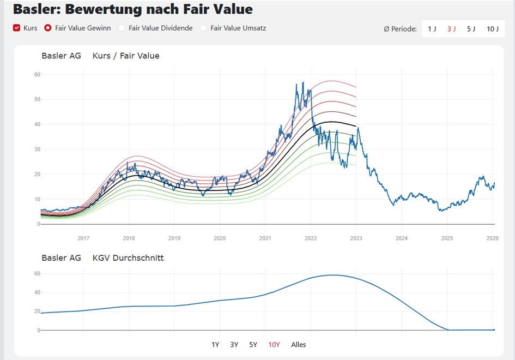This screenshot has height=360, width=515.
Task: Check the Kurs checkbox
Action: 17,28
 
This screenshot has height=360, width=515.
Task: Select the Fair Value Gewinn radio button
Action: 48,28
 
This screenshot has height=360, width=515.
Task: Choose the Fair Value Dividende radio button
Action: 122,28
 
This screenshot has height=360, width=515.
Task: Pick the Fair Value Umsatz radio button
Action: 204,28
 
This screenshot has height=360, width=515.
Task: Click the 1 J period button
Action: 432,29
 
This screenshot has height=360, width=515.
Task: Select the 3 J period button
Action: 451,29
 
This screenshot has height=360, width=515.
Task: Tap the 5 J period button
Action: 471,29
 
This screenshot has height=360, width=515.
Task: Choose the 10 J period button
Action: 492,29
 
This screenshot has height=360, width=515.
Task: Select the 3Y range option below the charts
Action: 234,345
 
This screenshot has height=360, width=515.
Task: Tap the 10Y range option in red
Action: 274,345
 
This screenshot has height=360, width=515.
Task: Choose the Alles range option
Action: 299,345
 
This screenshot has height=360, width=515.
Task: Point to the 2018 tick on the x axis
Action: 129,238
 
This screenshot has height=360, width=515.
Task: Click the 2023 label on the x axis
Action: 356,238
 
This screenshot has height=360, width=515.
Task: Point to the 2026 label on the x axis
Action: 492,238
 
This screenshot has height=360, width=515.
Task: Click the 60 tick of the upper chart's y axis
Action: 37,74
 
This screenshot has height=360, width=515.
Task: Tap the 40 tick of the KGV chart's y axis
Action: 37,292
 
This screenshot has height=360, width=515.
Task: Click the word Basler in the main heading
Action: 37,9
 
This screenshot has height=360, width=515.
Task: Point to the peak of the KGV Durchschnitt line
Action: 332,275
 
